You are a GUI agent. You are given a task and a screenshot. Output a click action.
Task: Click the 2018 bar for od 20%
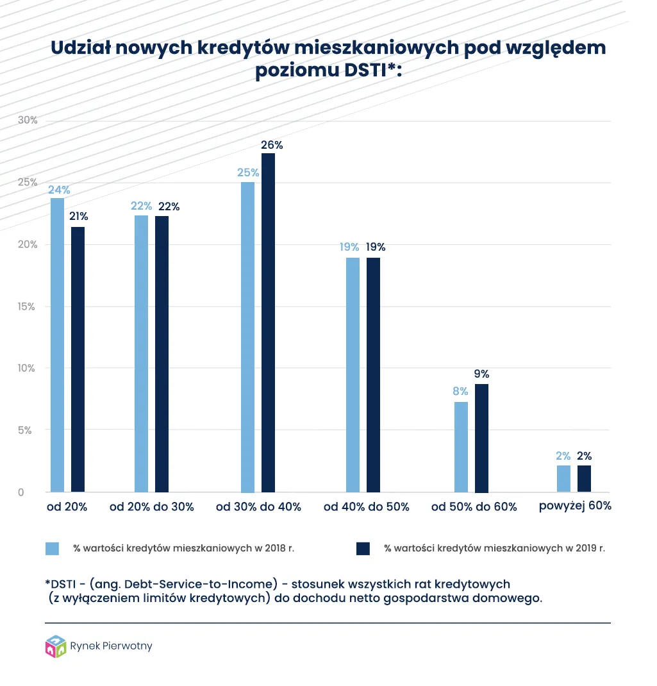57,345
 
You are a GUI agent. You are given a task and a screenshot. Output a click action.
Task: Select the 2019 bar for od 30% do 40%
268,322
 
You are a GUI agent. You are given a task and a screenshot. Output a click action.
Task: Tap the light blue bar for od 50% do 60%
461,447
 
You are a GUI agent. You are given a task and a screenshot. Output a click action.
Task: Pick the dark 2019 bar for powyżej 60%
584,479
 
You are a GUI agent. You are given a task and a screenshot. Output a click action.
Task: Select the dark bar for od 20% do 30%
162,354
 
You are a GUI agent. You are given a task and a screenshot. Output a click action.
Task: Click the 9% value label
482,374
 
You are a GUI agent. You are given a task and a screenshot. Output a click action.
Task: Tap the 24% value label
58,190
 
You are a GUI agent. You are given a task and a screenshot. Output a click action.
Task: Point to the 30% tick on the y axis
28,121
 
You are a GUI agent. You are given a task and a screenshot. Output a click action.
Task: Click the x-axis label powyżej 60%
575,506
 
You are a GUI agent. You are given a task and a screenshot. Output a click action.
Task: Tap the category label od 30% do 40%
258,506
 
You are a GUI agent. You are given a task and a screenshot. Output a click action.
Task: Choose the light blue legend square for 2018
52,548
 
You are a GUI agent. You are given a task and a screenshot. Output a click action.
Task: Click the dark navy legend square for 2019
363,548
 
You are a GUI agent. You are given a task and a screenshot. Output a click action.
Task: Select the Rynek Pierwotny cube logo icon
56,646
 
